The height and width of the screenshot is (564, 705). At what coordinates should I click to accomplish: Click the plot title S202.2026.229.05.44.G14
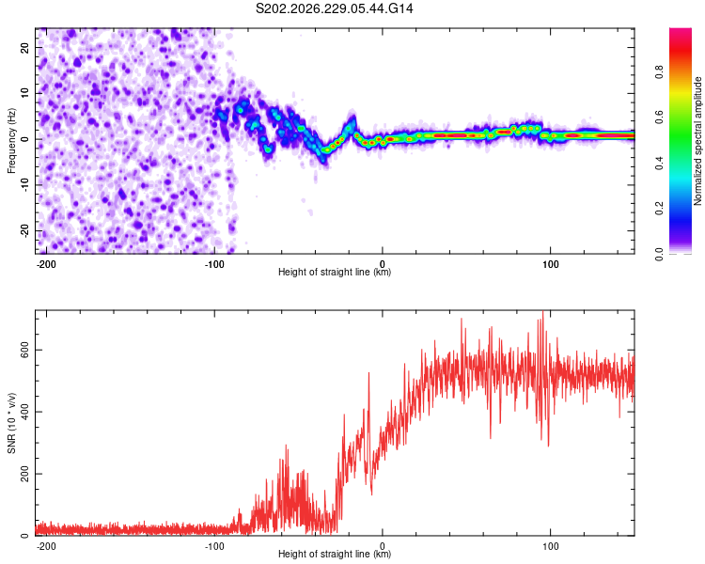(x=334, y=8)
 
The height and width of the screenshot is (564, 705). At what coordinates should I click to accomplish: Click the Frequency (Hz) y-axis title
(x=11, y=141)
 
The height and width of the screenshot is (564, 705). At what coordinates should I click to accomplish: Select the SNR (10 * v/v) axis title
(x=11, y=423)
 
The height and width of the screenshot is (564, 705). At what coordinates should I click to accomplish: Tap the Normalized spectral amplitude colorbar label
(x=697, y=141)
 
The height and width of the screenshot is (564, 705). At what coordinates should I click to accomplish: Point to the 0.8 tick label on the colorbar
(x=659, y=72)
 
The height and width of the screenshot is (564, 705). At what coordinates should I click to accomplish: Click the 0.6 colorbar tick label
(x=659, y=117)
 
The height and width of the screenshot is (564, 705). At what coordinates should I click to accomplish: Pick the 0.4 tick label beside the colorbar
(x=659, y=164)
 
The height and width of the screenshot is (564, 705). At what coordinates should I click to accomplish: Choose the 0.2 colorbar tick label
(x=659, y=209)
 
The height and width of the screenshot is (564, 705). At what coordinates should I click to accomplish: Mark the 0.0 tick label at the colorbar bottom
(x=659, y=254)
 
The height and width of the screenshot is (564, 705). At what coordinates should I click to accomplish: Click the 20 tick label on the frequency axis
(x=24, y=48)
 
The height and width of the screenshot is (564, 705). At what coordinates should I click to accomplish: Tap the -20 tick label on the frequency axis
(x=24, y=230)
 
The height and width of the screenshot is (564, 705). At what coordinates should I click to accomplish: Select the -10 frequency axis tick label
(x=24, y=185)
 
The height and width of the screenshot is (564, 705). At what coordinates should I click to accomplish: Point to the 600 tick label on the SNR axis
(x=24, y=350)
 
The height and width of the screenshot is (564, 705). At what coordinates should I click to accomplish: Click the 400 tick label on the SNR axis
(x=24, y=412)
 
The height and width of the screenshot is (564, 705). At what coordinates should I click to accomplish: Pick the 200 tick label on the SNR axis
(x=24, y=474)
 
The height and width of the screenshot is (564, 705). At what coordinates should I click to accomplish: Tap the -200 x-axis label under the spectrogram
(x=45, y=264)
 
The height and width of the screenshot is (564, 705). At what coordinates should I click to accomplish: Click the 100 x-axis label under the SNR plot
(x=550, y=546)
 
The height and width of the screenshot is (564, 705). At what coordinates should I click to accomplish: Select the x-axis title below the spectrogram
(x=335, y=272)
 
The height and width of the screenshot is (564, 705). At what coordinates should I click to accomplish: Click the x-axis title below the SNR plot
(x=335, y=554)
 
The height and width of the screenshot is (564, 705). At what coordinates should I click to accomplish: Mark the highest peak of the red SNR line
(x=543, y=311)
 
